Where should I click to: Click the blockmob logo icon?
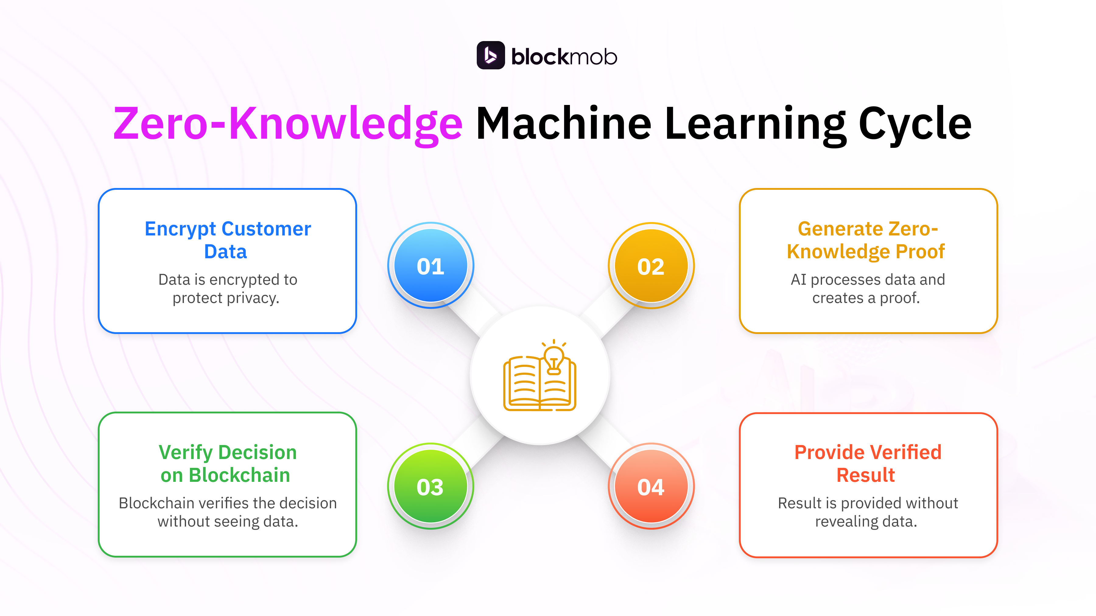point(490,55)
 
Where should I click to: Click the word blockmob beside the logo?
point(564,57)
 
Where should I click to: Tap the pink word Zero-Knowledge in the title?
point(288,124)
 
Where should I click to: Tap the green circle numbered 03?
point(430,487)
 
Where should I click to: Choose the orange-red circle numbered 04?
point(651,487)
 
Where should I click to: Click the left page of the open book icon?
point(522,383)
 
